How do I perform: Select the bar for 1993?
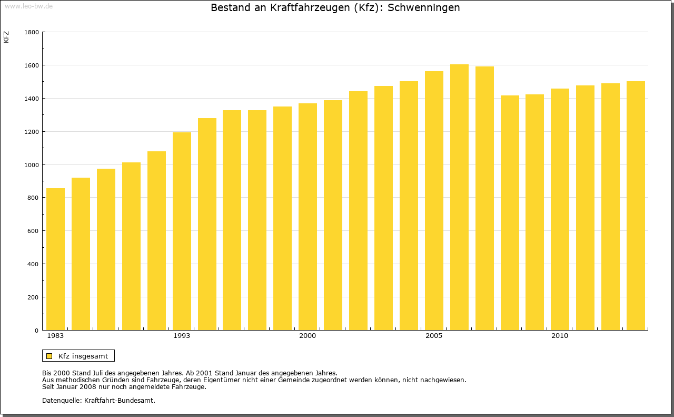(x=182, y=231)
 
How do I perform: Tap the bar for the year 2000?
(x=308, y=217)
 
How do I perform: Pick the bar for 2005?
(x=434, y=201)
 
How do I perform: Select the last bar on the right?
(x=636, y=206)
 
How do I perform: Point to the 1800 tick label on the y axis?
(x=32, y=32)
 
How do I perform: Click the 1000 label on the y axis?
(x=32, y=165)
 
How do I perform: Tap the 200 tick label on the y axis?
(x=33, y=297)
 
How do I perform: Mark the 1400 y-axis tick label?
(x=32, y=99)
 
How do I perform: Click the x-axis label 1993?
(x=182, y=336)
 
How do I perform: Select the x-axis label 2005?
(x=434, y=336)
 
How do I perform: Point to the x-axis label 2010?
(x=560, y=336)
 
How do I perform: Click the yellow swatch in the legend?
(x=49, y=356)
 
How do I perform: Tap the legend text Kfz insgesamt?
(x=83, y=356)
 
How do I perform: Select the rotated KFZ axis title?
(x=6, y=37)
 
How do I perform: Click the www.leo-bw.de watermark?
(x=28, y=5)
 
